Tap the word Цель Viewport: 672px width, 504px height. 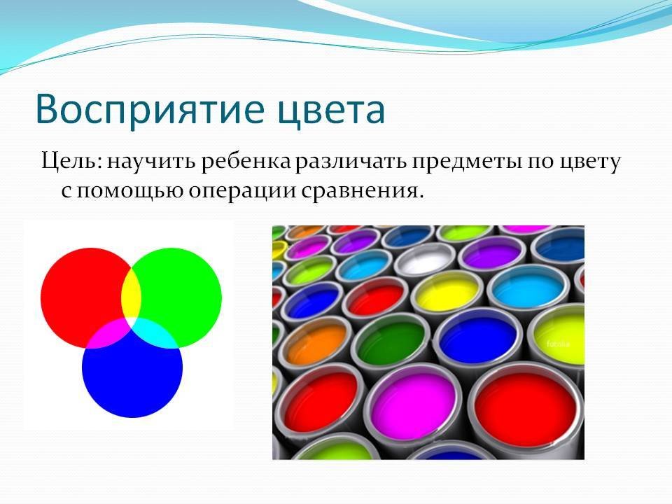coord(71,162)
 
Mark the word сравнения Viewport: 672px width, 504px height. coord(359,191)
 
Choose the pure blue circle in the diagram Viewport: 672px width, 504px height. coord(132,377)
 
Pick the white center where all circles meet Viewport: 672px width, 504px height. coord(131,322)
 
